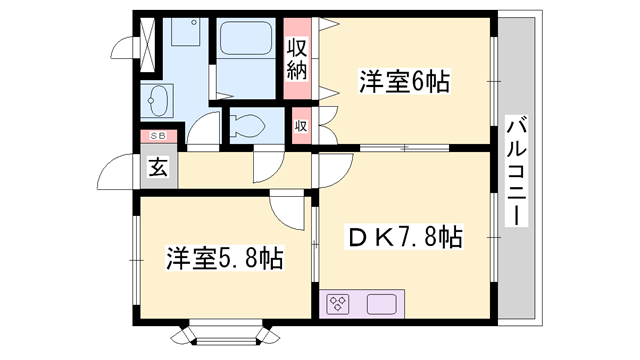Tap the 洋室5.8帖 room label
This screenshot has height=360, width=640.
(224, 258)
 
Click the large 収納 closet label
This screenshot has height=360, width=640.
(297, 59)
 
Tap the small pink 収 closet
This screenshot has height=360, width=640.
(299, 127)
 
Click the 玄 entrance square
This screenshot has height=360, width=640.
(159, 167)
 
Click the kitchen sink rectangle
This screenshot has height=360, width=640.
(384, 302)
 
